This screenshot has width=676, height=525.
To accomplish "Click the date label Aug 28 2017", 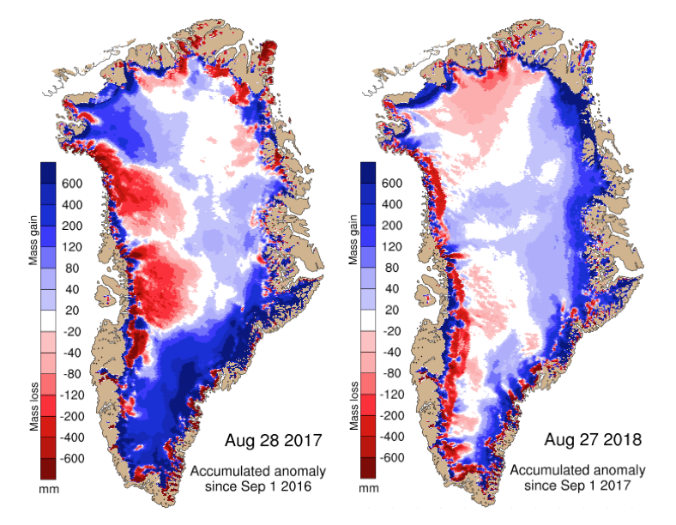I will click(x=273, y=442).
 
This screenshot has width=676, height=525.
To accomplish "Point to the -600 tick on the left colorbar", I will click(x=75, y=457).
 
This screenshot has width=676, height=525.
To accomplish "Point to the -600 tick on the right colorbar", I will click(x=395, y=457).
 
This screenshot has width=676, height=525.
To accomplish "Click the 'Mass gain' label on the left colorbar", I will click(x=33, y=239).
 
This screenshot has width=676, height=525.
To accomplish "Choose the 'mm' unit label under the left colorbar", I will click(x=49, y=489).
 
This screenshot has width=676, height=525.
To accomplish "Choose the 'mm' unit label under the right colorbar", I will click(x=370, y=489).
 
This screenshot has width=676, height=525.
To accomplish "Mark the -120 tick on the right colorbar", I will click(x=395, y=394).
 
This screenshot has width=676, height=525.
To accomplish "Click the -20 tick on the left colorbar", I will click(x=75, y=331).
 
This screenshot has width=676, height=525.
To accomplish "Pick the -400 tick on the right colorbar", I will click(x=395, y=436).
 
